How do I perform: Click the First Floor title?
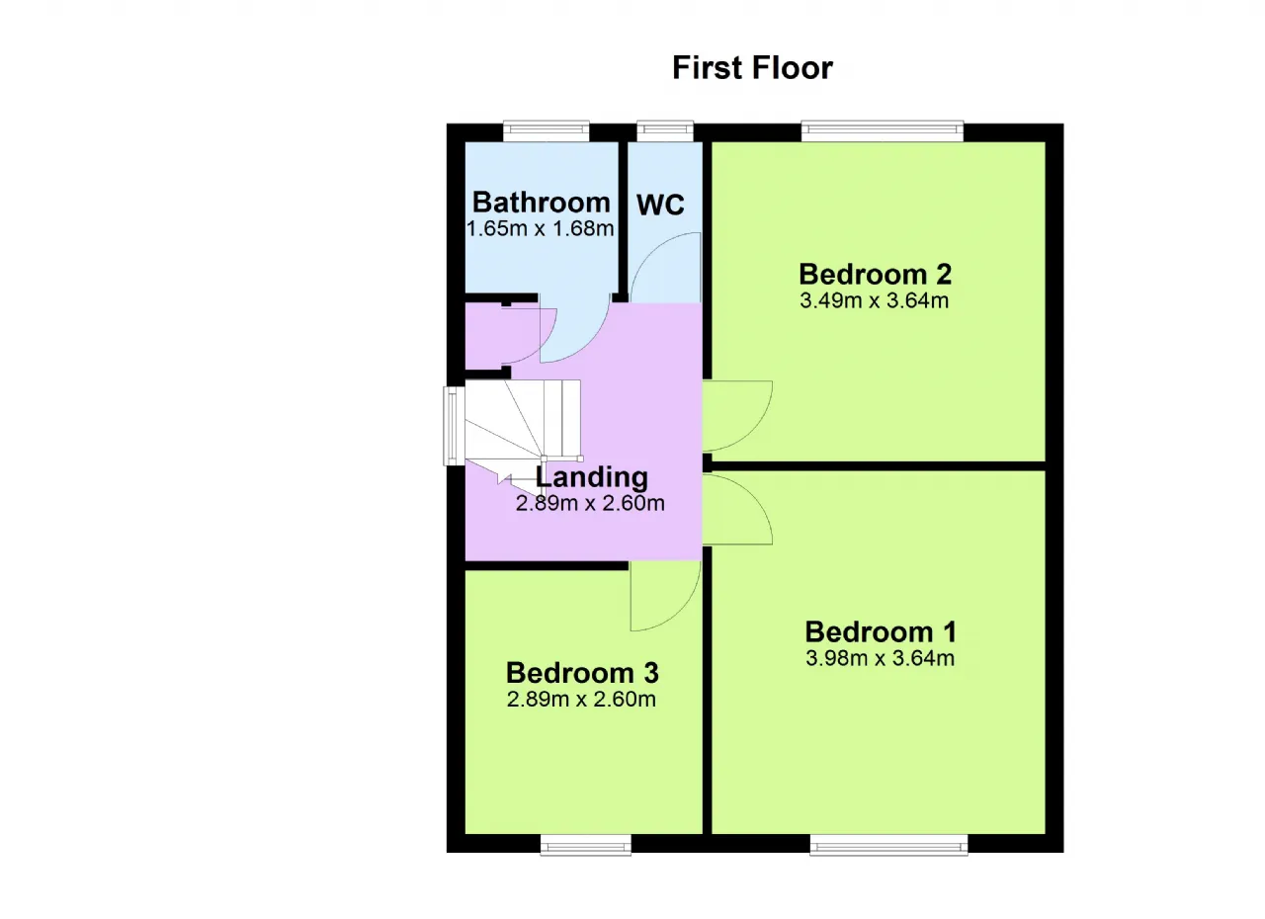[752, 68]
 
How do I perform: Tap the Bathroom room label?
[541, 203]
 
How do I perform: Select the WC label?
[660, 205]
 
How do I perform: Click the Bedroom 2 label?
[876, 275]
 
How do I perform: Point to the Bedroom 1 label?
[881, 631]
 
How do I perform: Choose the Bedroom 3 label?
[582, 673]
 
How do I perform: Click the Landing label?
[591, 477]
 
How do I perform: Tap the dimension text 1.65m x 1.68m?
[541, 228]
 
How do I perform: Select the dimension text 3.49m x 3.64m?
[875, 300]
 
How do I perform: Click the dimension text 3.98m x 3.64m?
[880, 658]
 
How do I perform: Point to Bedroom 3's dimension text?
[581, 700]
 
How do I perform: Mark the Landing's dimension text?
[590, 504]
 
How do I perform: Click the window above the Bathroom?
[547, 131]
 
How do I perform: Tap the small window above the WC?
[665, 131]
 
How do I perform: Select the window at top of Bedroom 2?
[883, 131]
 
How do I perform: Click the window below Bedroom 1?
[888, 845]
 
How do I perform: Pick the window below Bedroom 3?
[586, 845]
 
